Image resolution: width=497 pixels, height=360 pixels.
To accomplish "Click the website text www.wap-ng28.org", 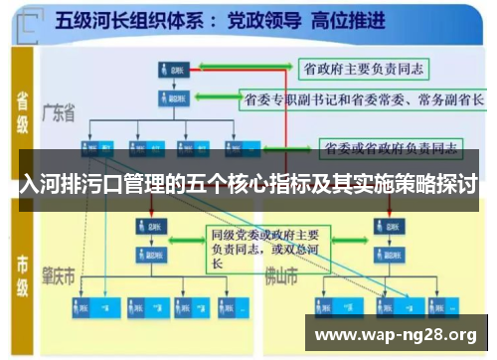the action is click(x=395, y=333).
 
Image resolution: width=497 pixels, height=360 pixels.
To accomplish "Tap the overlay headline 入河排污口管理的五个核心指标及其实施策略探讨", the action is click(x=248, y=185).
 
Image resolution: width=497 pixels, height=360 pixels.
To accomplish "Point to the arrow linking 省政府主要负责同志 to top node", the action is click(x=244, y=69).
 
